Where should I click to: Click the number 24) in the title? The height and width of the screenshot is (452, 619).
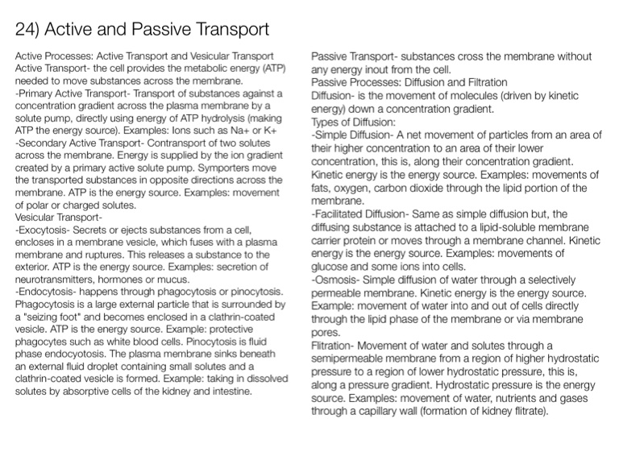coord(30,31)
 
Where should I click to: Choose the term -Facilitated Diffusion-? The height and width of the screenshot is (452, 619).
coord(359,214)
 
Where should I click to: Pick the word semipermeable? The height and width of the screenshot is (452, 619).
coord(349,359)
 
